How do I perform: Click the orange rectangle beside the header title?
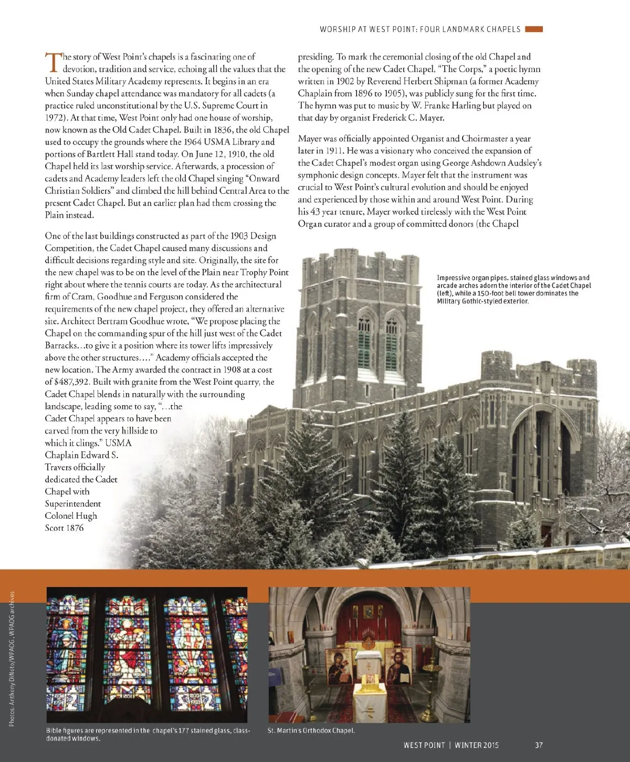click(533, 29)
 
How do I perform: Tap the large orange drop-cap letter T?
click(54, 62)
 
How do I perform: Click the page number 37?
click(539, 745)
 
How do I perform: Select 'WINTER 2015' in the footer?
click(477, 745)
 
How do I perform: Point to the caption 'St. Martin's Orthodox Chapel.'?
click(311, 730)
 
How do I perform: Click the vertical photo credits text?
click(12, 660)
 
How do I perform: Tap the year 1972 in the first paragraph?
click(55, 118)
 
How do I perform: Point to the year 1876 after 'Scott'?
click(75, 528)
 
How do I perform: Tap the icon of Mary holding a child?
click(340, 667)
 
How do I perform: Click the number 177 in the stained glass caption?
click(179, 730)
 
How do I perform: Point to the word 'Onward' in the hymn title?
click(265, 178)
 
